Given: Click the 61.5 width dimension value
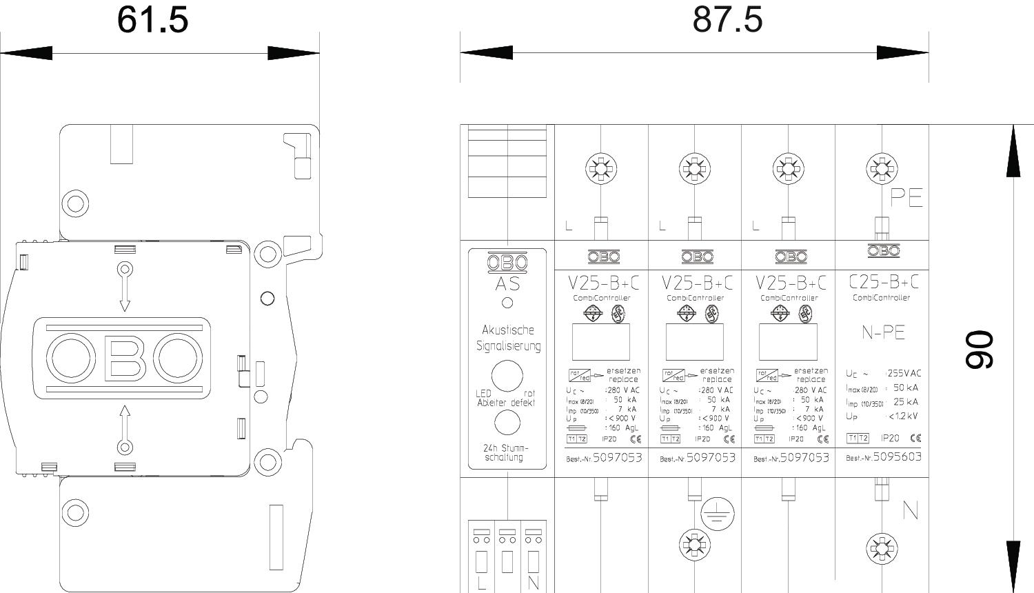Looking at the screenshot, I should coord(152,19).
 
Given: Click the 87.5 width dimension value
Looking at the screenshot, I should coord(728,19).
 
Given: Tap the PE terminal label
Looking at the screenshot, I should coord(906,198).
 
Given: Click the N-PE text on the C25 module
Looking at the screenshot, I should coord(883,332).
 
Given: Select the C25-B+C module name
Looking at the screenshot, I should coord(883,281).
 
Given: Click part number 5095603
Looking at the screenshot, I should coord(897,456).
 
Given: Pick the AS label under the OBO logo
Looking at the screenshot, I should coord(507,284).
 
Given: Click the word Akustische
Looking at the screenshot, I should coord(507,330).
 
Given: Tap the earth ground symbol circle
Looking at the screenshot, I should coord(718,514).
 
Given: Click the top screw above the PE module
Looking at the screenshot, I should coord(882,168).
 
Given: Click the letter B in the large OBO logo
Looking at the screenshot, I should coord(124,359).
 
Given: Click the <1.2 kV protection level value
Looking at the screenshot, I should coord(903,416).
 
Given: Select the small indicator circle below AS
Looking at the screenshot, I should coord(507,302).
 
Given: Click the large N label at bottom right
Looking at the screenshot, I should coord(910,511).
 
